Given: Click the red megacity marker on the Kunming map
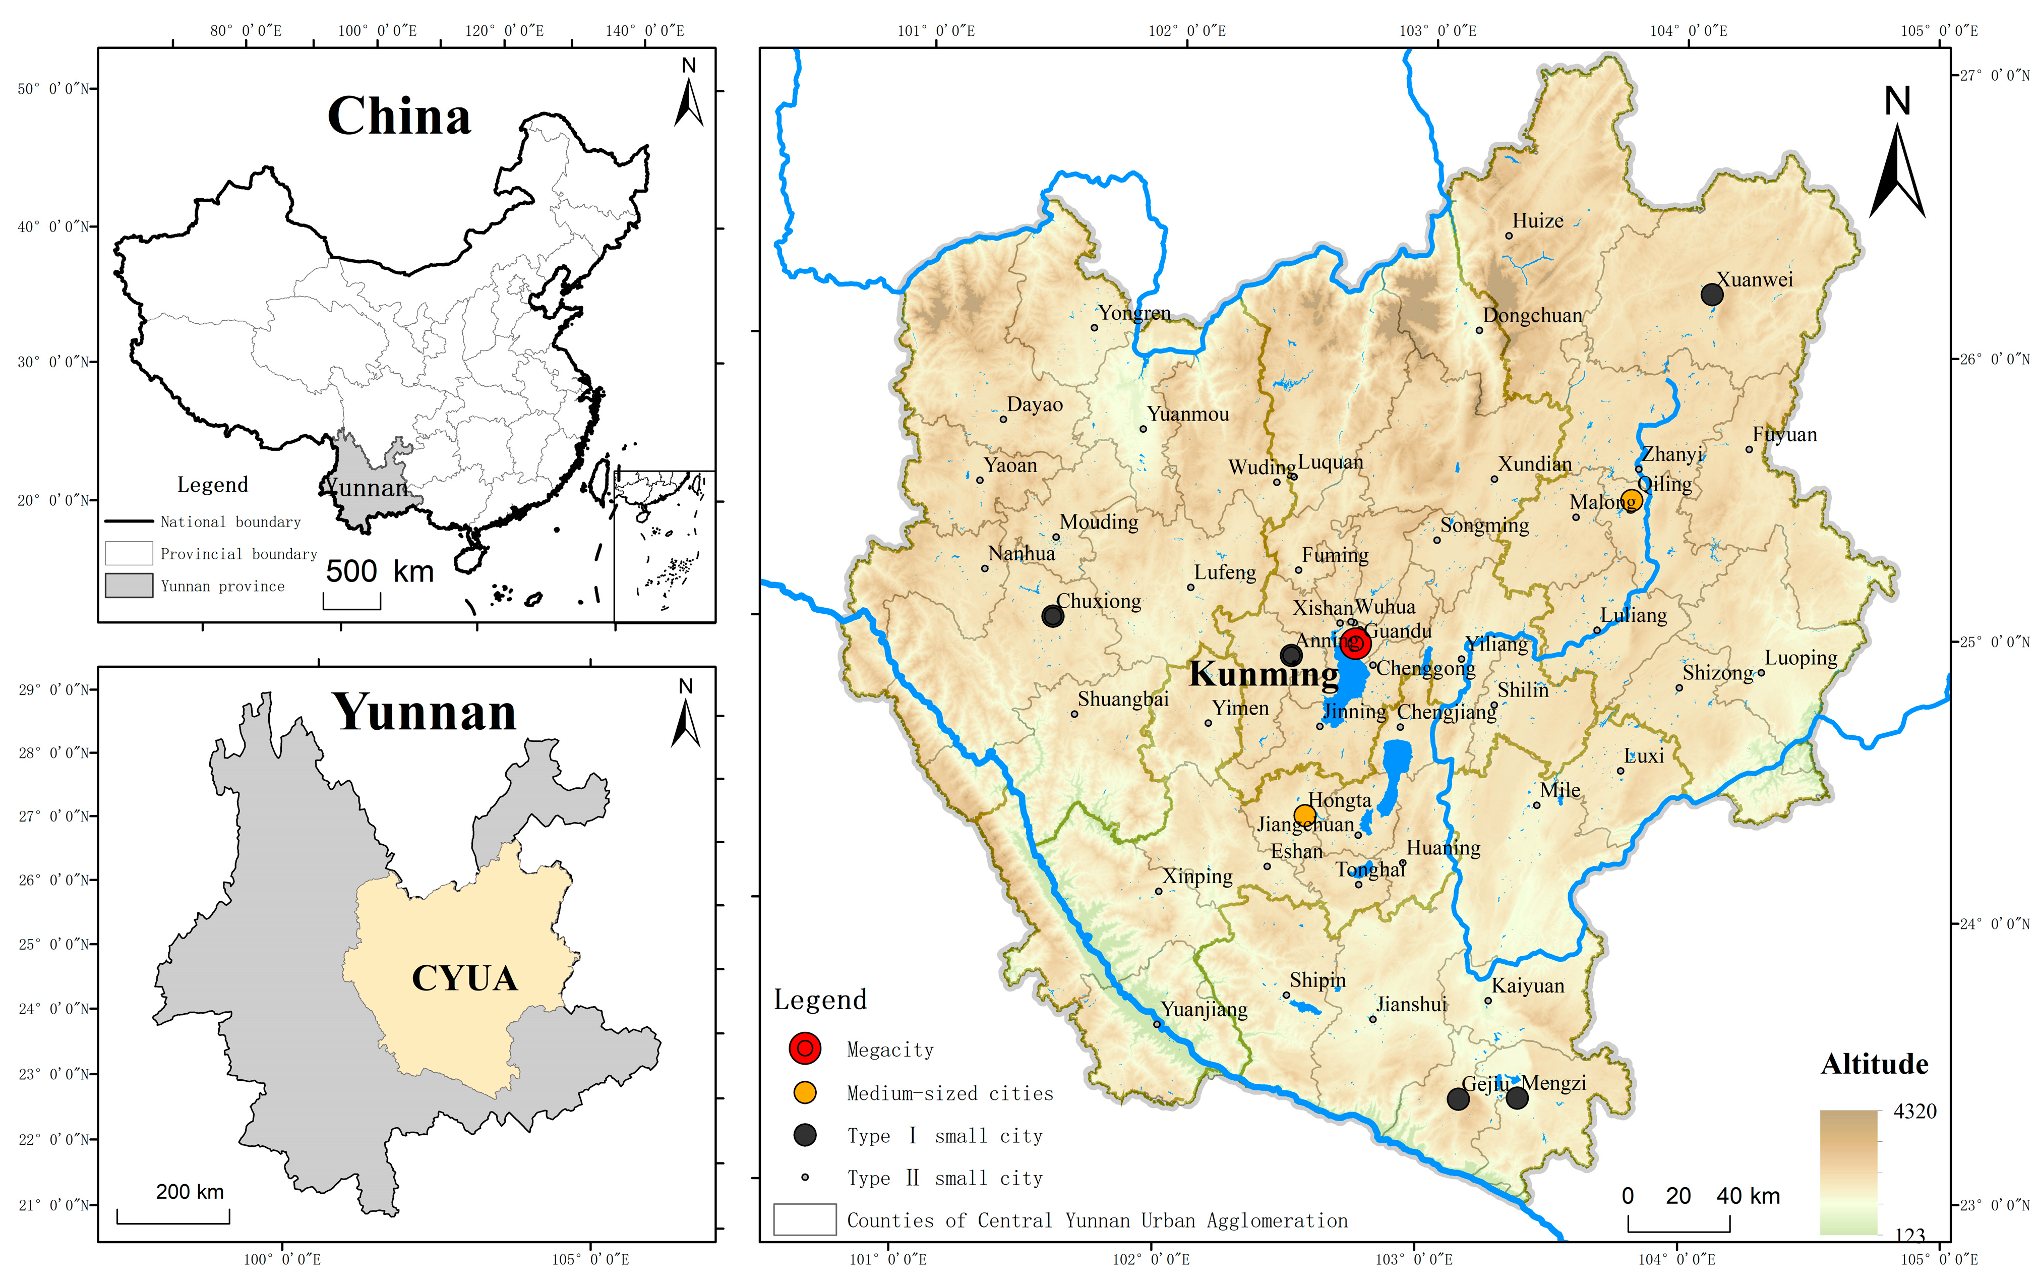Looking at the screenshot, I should pos(1354,643).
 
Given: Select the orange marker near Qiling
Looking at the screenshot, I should pos(1631,500).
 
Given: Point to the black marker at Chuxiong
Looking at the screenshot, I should pos(1053,616).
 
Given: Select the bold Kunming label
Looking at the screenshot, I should pos(1264,674).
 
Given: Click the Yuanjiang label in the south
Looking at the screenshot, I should pos(1204,1009).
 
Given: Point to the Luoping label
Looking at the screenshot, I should pos(1801,658).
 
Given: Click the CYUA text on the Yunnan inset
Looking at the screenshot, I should pos(464,978).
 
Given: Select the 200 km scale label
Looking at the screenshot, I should pos(190,1192).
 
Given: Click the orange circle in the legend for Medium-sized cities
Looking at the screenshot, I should pos(805,1093).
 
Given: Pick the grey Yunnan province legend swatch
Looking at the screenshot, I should pos(129,586).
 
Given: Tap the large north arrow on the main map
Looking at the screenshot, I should pos(1897,161).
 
